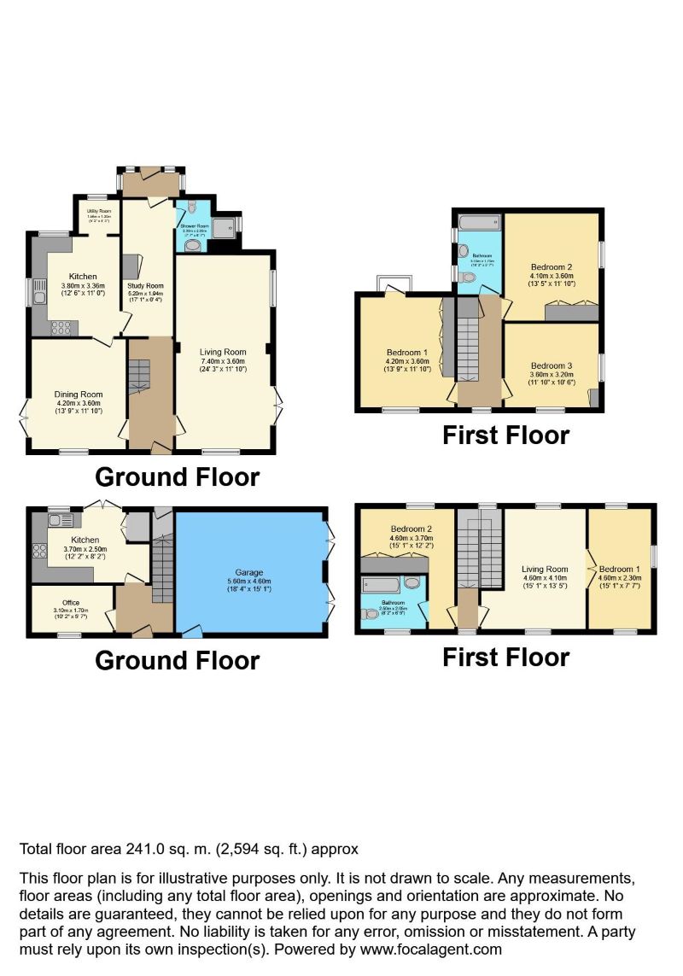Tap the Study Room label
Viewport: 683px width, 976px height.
[x=146, y=286]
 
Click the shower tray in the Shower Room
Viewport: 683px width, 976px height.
[x=225, y=226]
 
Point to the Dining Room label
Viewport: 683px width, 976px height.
[x=78, y=395]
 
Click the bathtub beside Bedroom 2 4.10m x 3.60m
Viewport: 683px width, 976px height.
[x=479, y=225]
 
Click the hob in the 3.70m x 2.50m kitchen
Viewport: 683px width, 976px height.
[x=38, y=551]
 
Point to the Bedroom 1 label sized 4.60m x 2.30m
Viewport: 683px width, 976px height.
[x=620, y=569]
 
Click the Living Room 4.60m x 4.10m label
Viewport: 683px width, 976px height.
[x=545, y=570]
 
